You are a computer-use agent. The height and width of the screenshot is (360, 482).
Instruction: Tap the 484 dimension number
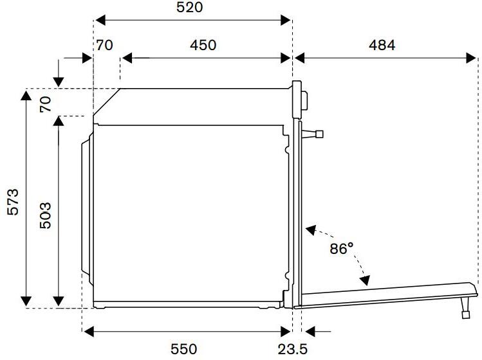(x=382, y=45)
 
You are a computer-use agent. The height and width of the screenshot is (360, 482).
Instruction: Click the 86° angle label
(x=342, y=249)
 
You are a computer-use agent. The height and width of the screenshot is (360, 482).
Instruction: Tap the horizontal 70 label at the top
(x=104, y=45)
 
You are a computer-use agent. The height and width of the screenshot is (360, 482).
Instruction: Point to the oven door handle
(x=315, y=134)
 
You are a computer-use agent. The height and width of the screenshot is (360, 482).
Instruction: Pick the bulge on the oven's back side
(x=86, y=206)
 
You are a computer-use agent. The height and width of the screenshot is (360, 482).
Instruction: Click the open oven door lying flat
(x=386, y=296)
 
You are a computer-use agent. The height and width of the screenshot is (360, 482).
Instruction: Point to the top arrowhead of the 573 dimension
(x=26, y=94)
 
